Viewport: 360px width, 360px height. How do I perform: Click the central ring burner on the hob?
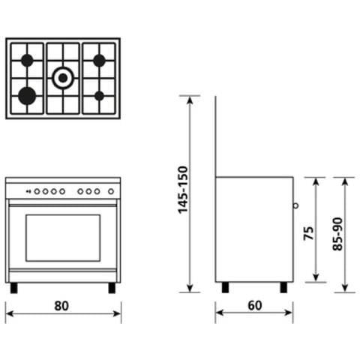tap(63, 76)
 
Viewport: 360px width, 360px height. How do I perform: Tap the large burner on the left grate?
tap(27, 94)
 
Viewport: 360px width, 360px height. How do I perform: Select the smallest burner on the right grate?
tap(99, 95)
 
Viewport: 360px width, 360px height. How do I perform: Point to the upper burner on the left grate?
tap(27, 60)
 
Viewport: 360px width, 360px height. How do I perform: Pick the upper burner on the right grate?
tap(99, 60)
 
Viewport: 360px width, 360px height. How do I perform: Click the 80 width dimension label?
tap(62, 305)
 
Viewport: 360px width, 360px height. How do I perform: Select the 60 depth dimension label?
tap(254, 305)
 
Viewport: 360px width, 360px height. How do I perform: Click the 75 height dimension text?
tap(307, 232)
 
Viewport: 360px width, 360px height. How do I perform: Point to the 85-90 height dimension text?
tap(337, 233)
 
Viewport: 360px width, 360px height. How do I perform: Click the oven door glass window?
tap(63, 237)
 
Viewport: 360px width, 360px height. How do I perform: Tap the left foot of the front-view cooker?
tap(13, 287)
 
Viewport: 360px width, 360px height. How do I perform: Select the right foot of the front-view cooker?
tap(112, 287)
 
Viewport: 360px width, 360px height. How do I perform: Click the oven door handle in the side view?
tap(295, 205)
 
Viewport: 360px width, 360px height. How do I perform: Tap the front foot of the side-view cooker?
tap(284, 287)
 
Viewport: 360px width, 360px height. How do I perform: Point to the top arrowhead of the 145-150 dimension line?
tap(190, 98)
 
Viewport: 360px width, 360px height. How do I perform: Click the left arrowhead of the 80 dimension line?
tap(8, 313)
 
